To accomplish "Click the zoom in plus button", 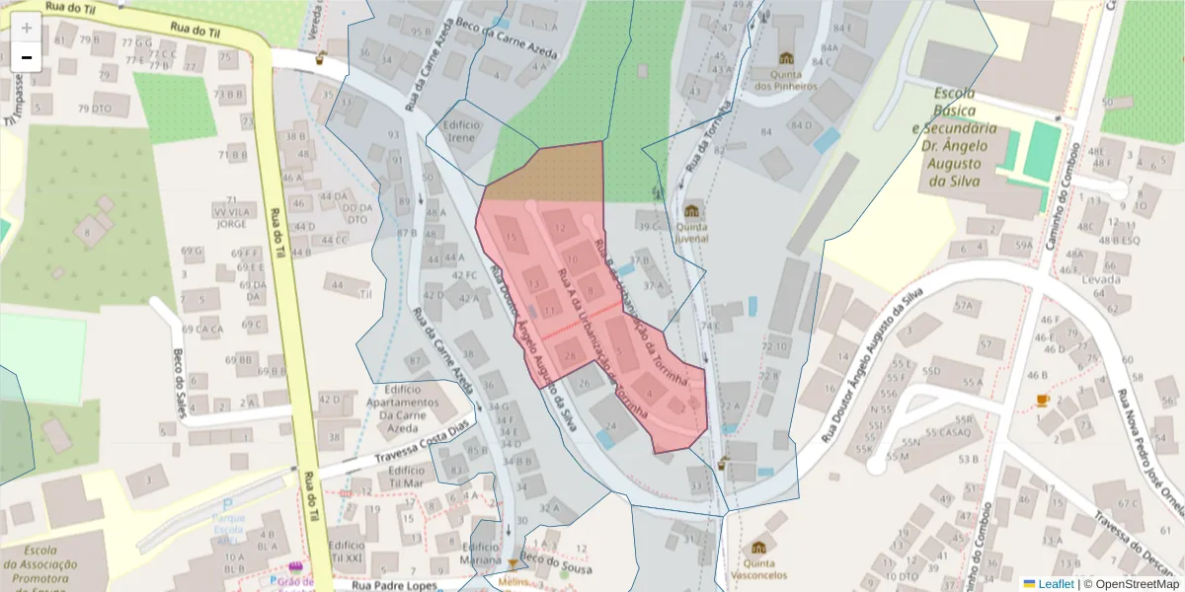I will coord(27,28).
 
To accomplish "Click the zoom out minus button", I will coord(27,57).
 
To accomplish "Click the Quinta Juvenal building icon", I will coord(692,211).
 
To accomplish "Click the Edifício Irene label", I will coord(462,131).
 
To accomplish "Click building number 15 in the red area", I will coord(511,238).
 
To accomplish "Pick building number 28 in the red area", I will coord(570,355).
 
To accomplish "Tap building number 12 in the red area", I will coord(561,229).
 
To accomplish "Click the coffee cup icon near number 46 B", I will coord(1043,400).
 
